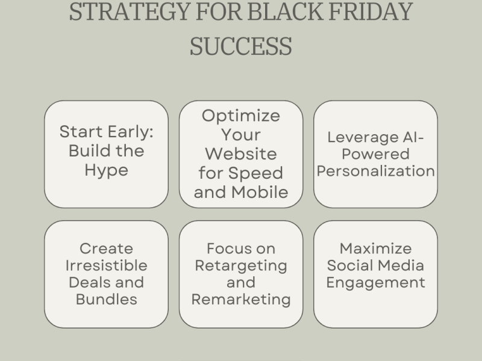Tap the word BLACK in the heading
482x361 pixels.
271,11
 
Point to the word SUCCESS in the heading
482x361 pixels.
240,46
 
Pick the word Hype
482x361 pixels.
106,170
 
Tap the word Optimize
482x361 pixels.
241,116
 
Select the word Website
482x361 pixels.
241,154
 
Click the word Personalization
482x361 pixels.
376,170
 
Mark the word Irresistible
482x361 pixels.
106,265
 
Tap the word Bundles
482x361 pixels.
106,299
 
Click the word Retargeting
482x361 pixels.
241,265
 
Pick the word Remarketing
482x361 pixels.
241,299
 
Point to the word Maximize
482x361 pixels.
376,248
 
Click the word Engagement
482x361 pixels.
376,282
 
